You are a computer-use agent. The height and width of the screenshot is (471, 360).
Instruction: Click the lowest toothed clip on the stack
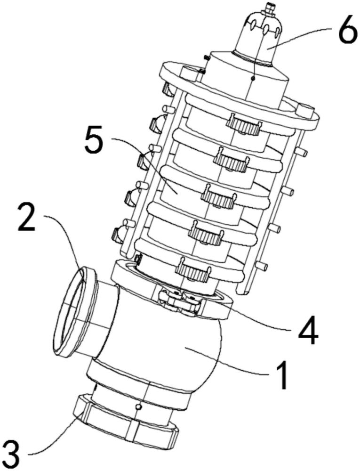click(x=192, y=269)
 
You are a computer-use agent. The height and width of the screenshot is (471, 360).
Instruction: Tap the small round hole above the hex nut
click(x=138, y=406)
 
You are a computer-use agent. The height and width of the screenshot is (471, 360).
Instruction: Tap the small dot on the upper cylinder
click(x=253, y=79)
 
